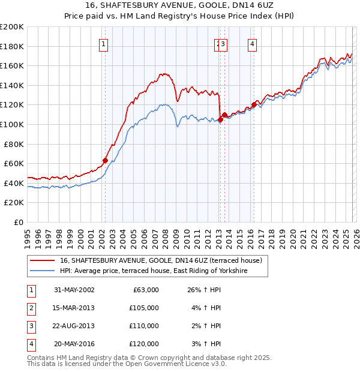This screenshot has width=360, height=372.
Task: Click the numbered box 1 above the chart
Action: coord(104,43)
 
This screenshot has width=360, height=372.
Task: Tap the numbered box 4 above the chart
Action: coord(253,43)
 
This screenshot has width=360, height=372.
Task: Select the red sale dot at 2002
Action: coord(105,160)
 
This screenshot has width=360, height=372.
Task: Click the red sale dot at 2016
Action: coord(254,105)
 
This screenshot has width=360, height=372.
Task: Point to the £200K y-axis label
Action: coord(12,27)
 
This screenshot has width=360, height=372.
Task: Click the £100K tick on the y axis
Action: coord(12,124)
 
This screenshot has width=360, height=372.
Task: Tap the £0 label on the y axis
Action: coord(18,222)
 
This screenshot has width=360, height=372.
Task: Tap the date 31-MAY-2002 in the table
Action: coord(74,290)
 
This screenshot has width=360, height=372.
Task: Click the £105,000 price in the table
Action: coord(144,308)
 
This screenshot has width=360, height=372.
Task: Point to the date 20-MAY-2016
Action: coord(74,344)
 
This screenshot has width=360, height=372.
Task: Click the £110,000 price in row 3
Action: coord(144,326)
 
